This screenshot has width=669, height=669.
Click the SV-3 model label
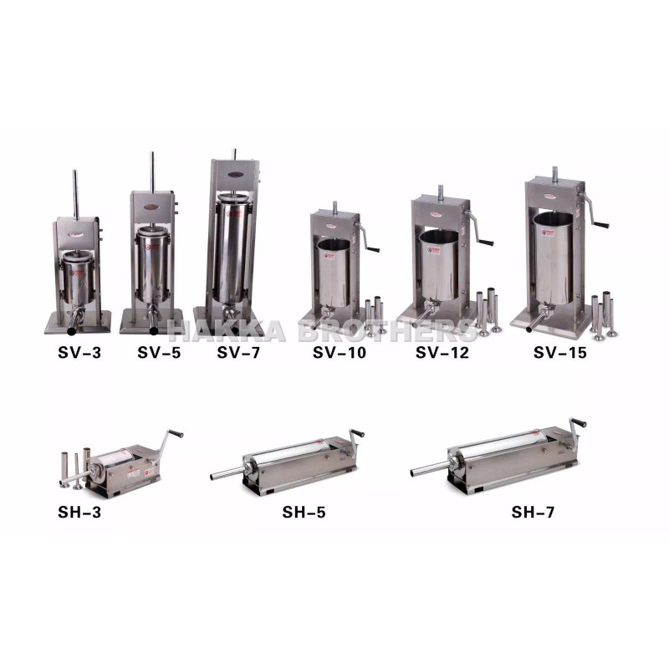click(x=79, y=353)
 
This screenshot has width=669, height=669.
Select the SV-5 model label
click(x=159, y=353)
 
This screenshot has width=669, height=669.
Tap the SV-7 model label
click(x=238, y=353)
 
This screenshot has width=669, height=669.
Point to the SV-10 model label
click(x=340, y=353)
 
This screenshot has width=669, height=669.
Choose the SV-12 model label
click(x=442, y=353)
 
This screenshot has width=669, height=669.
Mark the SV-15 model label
click(x=559, y=353)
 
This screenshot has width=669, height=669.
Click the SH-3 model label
click(x=79, y=512)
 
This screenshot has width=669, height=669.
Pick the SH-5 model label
click(x=304, y=512)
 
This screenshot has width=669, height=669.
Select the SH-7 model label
click(x=533, y=512)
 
